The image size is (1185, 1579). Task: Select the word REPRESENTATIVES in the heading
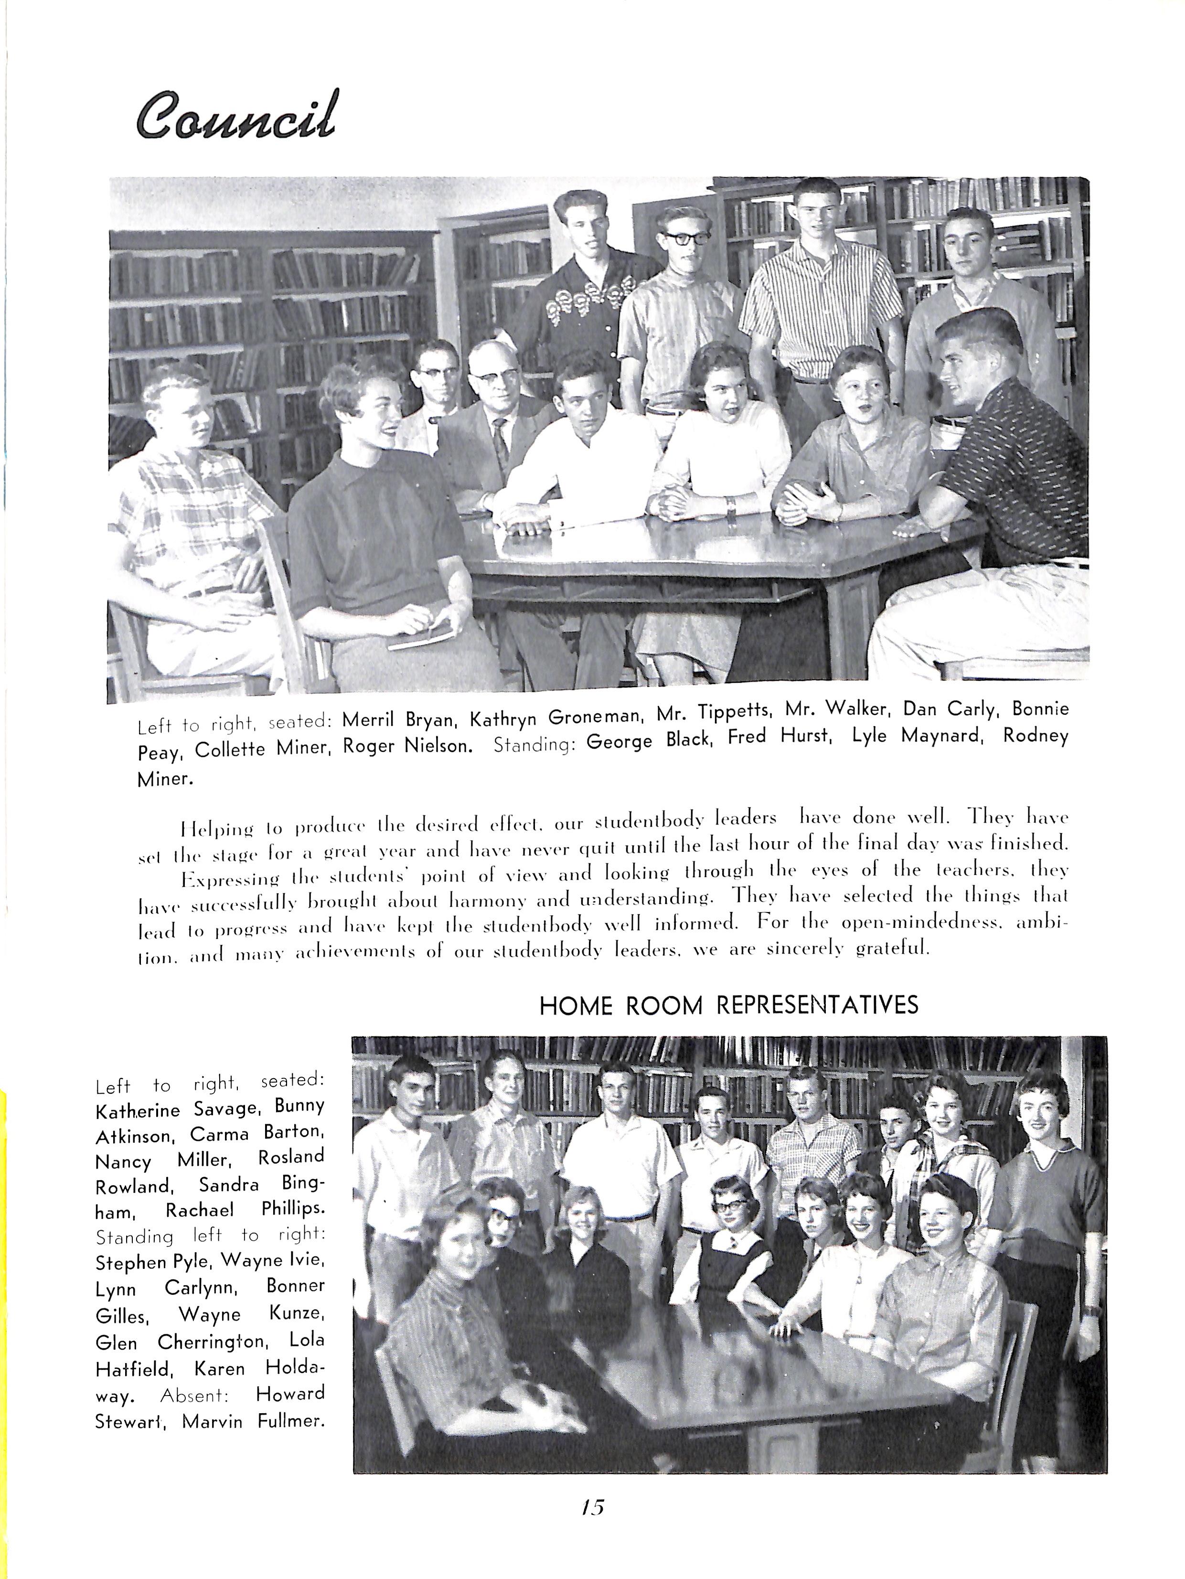pyautogui.click(x=817, y=1004)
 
